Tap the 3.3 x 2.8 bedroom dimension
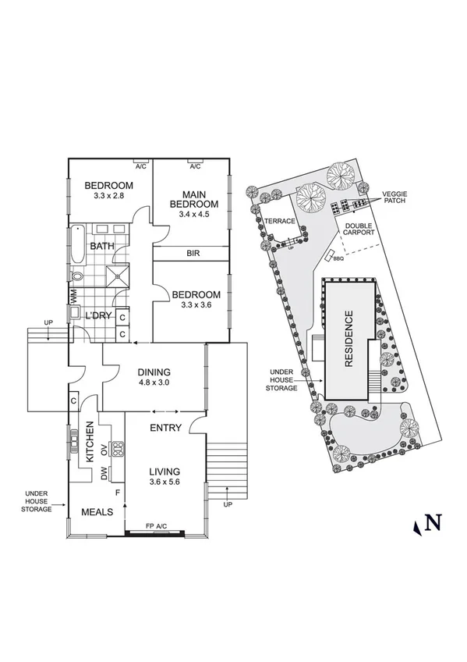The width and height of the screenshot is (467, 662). tap(108, 197)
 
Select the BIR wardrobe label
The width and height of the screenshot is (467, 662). tap(194, 254)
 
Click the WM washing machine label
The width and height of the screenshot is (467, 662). tap(74, 296)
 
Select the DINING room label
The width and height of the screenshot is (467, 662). tap(154, 372)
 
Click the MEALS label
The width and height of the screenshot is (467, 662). tap(97, 512)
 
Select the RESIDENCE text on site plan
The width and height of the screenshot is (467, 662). tap(348, 340)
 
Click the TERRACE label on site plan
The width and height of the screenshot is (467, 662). tap(279, 221)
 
